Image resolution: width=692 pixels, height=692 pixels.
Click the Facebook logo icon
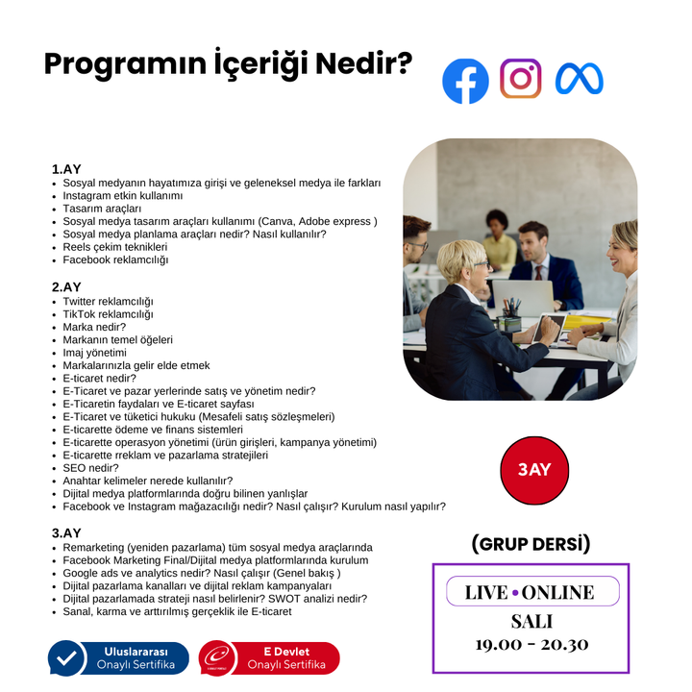(465, 81)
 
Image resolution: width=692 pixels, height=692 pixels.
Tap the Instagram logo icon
(520, 79)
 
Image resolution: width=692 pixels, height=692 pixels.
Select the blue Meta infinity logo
(579, 79)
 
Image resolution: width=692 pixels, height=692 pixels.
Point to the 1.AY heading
(66, 169)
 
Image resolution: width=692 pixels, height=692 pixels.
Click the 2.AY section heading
(66, 286)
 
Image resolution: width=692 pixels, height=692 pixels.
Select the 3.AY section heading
(66, 532)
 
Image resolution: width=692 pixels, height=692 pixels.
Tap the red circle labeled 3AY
(534, 470)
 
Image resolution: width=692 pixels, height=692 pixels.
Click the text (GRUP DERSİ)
(531, 544)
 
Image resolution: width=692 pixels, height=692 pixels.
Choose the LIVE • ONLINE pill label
(531, 592)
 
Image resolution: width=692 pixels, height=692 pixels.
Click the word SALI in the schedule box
(531, 620)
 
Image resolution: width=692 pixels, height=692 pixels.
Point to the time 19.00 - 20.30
(531, 644)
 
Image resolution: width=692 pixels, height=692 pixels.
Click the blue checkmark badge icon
(67, 658)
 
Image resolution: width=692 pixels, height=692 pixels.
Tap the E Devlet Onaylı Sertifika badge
(269, 658)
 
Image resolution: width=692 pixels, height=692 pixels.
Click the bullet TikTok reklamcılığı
(108, 314)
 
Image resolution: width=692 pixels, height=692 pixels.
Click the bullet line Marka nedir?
(94, 327)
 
